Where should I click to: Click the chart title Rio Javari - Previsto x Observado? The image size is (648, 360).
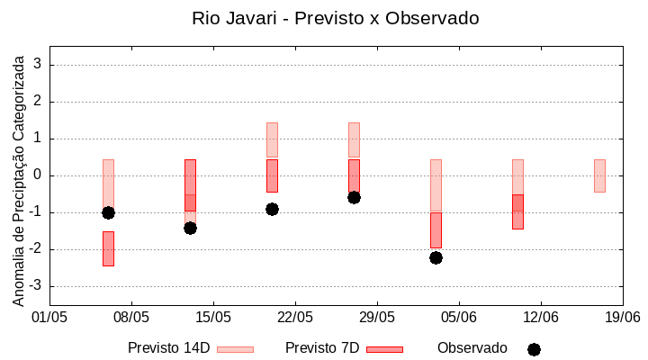[336, 18]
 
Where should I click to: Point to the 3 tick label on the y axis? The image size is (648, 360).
[39, 65]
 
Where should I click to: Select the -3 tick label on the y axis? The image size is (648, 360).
[36, 286]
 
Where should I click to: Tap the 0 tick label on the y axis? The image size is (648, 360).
[39, 175]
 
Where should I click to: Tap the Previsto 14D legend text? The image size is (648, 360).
[168, 348]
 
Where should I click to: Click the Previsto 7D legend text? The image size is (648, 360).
[322, 348]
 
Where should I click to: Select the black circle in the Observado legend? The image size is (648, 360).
[534, 349]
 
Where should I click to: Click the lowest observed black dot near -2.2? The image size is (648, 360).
[436, 257]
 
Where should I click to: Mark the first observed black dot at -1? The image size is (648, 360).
[108, 212]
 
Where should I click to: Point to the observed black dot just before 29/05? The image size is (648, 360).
[354, 197]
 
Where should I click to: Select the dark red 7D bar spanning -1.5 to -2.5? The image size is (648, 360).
[108, 248]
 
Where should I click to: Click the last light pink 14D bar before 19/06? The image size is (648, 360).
[599, 175]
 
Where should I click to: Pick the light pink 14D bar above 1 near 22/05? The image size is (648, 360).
[272, 139]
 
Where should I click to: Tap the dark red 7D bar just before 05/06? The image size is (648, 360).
[436, 229]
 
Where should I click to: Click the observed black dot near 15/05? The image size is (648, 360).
[190, 228]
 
